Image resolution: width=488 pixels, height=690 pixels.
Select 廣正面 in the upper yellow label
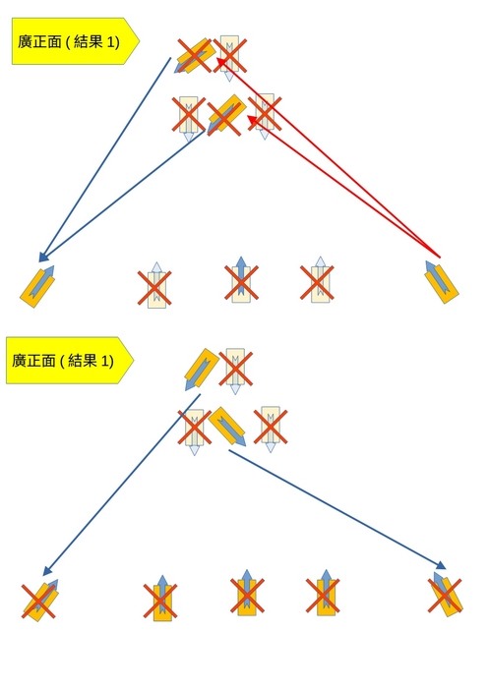click(x=39, y=42)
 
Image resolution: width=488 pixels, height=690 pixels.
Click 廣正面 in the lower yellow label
click(x=33, y=361)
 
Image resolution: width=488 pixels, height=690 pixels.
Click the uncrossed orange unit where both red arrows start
click(x=442, y=282)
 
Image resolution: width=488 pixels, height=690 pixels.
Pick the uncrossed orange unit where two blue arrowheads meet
click(x=37, y=286)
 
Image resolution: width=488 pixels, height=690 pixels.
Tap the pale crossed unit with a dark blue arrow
click(x=241, y=283)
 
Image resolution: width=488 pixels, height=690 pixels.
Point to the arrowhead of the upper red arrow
click(x=221, y=63)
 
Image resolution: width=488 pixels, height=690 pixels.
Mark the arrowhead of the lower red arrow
click(x=253, y=119)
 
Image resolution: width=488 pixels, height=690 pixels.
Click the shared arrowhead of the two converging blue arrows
click(x=43, y=257)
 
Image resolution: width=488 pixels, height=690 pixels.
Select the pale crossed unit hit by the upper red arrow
click(x=229, y=55)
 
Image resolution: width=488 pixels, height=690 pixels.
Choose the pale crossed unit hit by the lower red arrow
click(x=265, y=114)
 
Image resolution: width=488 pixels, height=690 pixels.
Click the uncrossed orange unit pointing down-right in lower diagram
click(x=227, y=426)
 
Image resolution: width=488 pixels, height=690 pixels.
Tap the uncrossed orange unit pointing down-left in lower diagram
click(x=201, y=369)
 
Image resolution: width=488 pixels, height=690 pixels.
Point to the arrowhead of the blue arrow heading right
click(x=440, y=565)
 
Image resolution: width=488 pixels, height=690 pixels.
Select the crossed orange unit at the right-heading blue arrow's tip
click(x=446, y=595)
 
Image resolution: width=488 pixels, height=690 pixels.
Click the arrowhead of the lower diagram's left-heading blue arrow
click(x=47, y=570)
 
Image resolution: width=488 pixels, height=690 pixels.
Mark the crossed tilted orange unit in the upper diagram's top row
click(x=195, y=55)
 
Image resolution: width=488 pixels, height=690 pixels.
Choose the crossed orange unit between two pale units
click(x=225, y=115)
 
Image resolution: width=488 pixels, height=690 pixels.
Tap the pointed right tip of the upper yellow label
click(x=139, y=41)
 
